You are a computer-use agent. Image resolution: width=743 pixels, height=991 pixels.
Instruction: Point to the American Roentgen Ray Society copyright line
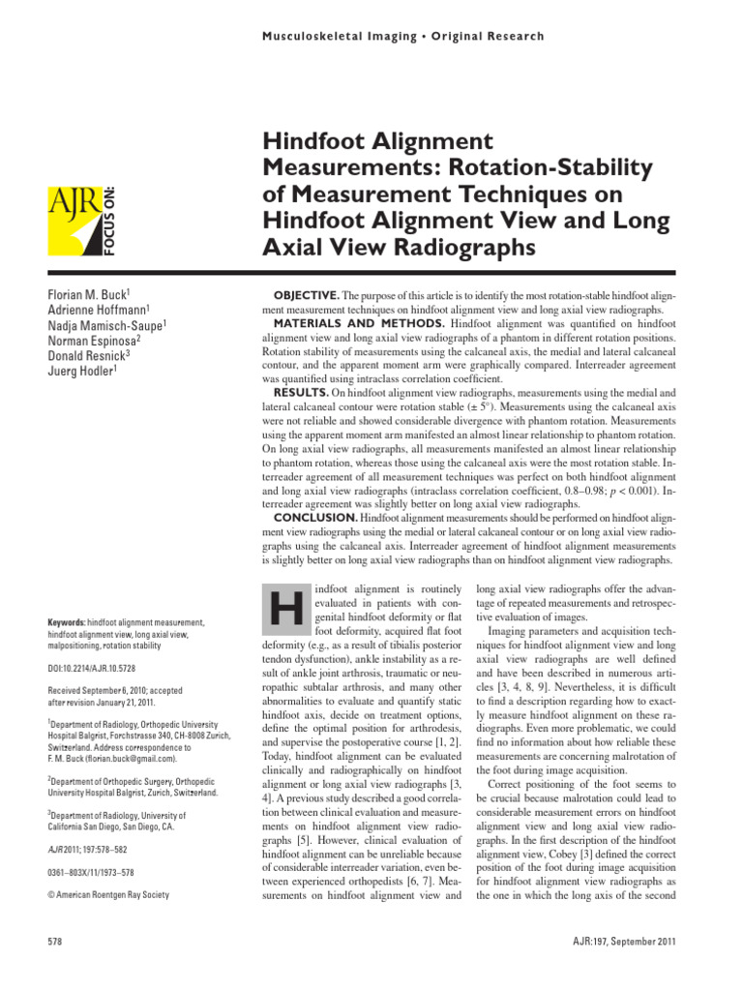108,895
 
